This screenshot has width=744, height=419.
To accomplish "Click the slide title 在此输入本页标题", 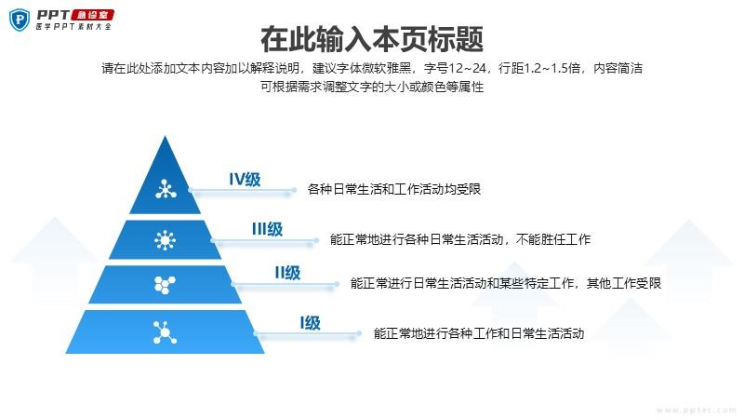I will [372, 39].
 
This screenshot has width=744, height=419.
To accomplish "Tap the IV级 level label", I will [246, 180].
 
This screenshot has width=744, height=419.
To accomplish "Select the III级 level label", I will [267, 229].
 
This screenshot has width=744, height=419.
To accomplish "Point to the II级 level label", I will [286, 273].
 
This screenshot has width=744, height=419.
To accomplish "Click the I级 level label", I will [310, 323].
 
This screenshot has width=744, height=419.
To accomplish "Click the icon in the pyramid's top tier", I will [166, 190].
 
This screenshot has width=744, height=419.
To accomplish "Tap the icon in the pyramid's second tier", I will [166, 240].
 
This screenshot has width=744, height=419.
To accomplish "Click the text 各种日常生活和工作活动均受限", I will [393, 190].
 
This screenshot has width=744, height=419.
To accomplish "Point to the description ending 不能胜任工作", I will [460, 239].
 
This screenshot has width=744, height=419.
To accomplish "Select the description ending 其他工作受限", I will [506, 283].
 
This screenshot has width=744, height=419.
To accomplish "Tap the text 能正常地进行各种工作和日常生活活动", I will [479, 332].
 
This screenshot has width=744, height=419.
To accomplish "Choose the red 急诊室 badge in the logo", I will [97, 14].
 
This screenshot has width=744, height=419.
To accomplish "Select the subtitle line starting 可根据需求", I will [372, 87].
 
